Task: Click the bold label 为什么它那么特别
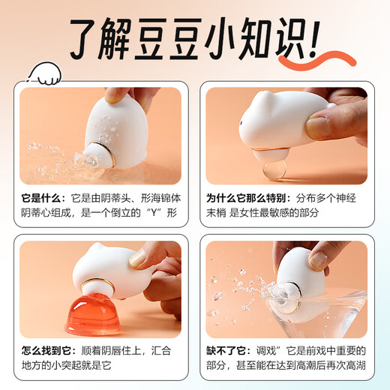click(x=246, y=199)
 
